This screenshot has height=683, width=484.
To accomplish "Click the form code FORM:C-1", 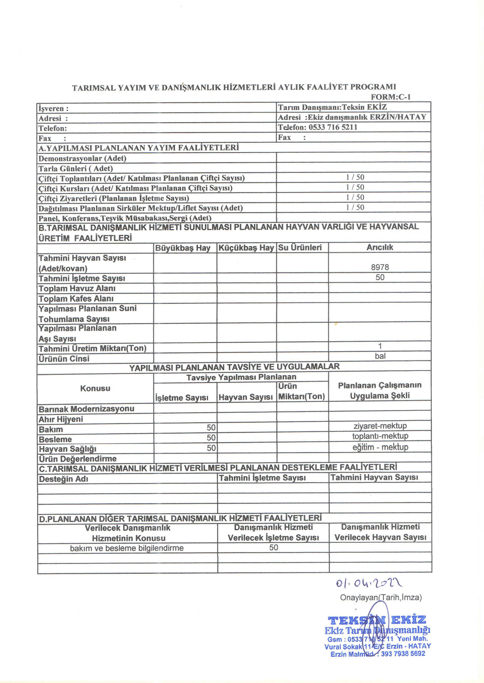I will tap(390, 97).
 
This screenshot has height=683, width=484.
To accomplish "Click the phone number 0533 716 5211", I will tap(333, 127).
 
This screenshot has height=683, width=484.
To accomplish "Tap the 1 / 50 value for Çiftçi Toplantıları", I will tap(355, 177).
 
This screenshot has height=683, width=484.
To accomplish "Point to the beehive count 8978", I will tap(380, 267).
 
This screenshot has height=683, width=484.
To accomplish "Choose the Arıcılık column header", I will tap(380, 248).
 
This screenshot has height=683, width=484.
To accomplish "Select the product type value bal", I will tap(380, 356).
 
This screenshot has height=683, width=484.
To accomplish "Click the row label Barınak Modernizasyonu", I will tap(86, 409).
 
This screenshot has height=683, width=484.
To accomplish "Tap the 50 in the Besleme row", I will tap(211, 438).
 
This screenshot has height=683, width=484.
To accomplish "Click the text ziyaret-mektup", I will tap(380, 426).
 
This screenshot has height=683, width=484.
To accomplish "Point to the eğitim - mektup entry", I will tap(380, 447).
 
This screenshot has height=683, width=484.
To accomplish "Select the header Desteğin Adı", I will tap(63, 479).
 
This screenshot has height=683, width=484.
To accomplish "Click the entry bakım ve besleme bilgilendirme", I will tap(127, 548).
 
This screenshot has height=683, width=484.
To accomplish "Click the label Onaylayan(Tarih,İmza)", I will tap(381, 598).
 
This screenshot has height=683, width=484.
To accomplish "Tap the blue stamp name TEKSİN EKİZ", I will tap(377, 620).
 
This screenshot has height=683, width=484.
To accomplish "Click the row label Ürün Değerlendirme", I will tap(77, 459).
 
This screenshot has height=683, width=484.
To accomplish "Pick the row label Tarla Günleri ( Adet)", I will tap(75, 169).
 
